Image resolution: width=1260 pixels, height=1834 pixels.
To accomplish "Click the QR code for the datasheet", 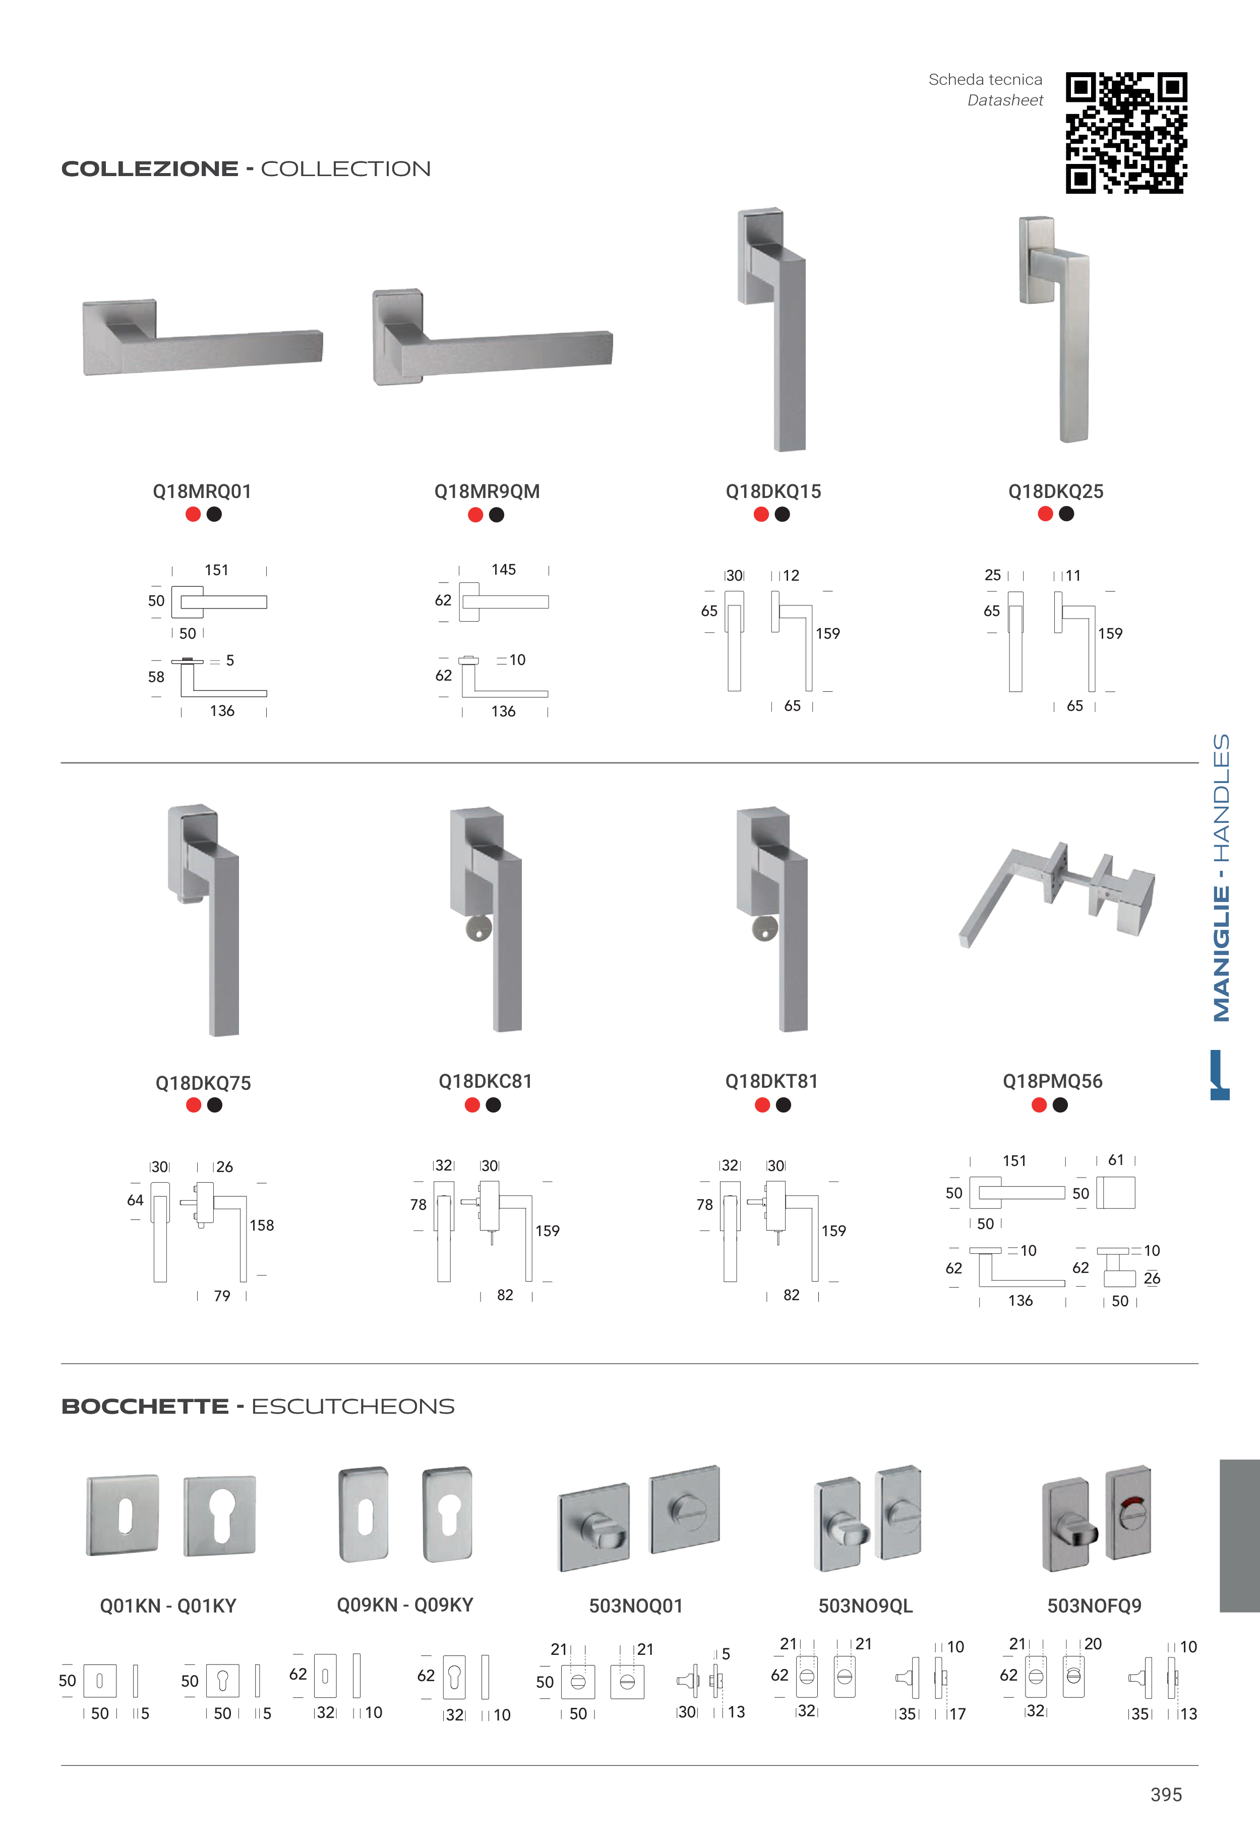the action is [1126, 133].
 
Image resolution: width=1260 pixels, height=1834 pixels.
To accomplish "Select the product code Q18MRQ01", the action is [202, 491].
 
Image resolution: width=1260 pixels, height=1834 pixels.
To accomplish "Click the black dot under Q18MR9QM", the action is [497, 515].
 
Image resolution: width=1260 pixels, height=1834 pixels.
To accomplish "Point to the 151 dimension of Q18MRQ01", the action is [216, 570].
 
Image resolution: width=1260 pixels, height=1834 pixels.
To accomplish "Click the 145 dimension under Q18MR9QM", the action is [504, 570].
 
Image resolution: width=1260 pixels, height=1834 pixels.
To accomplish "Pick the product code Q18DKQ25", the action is [1055, 491].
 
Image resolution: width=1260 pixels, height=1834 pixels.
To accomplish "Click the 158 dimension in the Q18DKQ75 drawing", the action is [262, 1225].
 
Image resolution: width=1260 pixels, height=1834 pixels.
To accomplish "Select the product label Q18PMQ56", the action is [1052, 1081].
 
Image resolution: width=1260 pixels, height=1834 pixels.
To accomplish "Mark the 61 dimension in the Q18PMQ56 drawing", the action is [1115, 1159].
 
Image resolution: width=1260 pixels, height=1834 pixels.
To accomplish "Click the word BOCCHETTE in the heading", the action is [145, 1407].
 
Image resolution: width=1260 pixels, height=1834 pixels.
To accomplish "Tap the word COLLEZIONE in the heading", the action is [150, 169].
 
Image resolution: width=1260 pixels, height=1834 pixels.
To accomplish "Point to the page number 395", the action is [1166, 1795].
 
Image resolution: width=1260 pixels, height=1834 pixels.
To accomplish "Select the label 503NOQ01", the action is [635, 1606].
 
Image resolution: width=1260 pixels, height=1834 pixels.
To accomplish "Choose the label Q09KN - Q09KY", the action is [405, 1605].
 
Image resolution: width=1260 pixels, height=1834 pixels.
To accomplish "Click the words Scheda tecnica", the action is [985, 80].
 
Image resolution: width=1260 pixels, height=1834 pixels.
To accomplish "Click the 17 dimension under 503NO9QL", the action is [957, 1714].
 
